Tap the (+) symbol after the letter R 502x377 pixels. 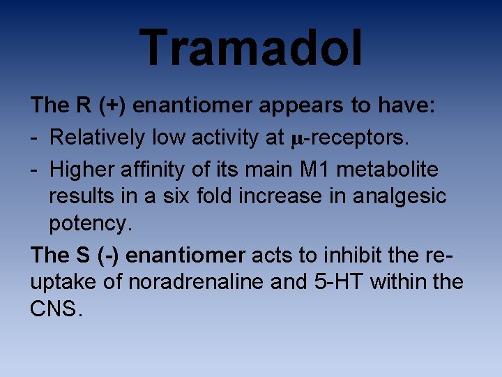[x=112, y=105]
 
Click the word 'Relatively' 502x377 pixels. [x=98, y=138]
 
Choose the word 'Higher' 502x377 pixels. [x=84, y=169]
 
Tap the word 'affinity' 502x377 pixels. [x=153, y=169]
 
